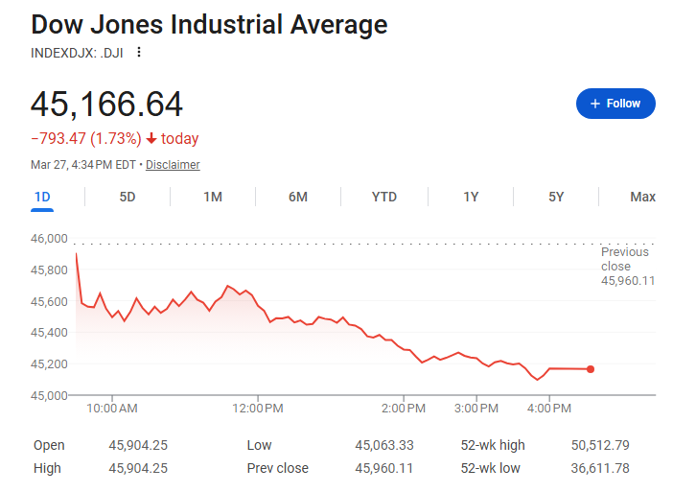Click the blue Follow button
(x=615, y=104)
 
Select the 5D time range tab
(x=128, y=197)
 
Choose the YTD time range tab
(x=384, y=197)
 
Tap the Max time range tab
(x=642, y=197)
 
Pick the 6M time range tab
(x=298, y=197)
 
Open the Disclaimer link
(x=173, y=165)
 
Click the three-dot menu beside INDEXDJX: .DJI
(x=139, y=53)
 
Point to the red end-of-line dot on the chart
(x=591, y=369)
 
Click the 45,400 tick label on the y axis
(x=49, y=332)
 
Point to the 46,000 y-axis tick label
(x=49, y=239)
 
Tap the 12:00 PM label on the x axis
(x=258, y=409)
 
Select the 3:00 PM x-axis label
(x=476, y=409)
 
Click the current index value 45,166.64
(x=106, y=105)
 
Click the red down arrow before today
(x=151, y=139)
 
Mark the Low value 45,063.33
(x=384, y=445)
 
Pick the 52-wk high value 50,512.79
(x=600, y=445)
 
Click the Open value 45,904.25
(x=138, y=445)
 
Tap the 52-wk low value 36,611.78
(x=600, y=468)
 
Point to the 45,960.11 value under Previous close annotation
(x=628, y=281)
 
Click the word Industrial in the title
(x=226, y=24)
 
